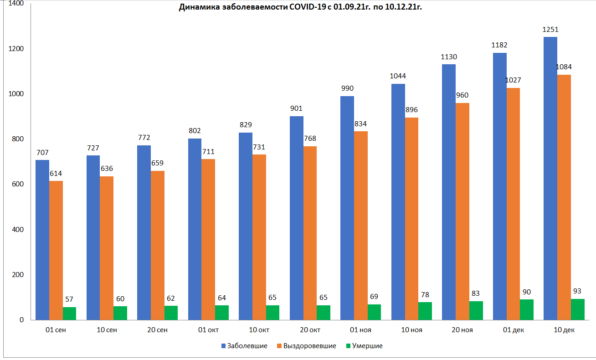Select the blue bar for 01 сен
pyautogui.click(x=42, y=240)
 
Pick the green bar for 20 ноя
pyautogui.click(x=476, y=310)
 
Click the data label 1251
pyautogui.click(x=550, y=30)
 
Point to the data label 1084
pyautogui.click(x=564, y=67)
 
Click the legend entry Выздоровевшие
pyautogui.click(x=305, y=346)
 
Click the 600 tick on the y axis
pyautogui.click(x=18, y=185)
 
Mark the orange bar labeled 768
pyautogui.click(x=310, y=232)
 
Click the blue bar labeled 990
pyautogui.click(x=347, y=208)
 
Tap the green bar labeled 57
pyautogui.click(x=70, y=313)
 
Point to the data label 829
pyautogui.click(x=246, y=125)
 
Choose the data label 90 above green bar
pyautogui.click(x=527, y=292)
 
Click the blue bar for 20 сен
pyautogui.click(x=144, y=232)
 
